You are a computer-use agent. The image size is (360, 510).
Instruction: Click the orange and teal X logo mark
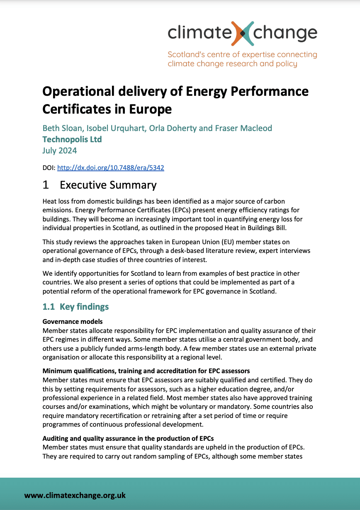tap(243, 33)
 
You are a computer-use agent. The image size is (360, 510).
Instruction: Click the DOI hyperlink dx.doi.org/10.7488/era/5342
tap(110, 168)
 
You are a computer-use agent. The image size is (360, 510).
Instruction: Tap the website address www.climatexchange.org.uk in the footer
tap(75, 495)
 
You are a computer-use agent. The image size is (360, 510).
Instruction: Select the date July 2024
tap(59, 151)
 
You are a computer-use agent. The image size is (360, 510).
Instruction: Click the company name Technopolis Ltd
tap(72, 139)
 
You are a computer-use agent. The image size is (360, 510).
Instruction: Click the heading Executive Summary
tap(108, 185)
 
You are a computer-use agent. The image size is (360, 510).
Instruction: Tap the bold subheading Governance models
tap(73, 322)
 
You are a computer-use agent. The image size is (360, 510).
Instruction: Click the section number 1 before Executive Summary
tap(45, 185)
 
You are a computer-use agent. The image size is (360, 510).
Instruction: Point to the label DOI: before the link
tap(49, 168)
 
